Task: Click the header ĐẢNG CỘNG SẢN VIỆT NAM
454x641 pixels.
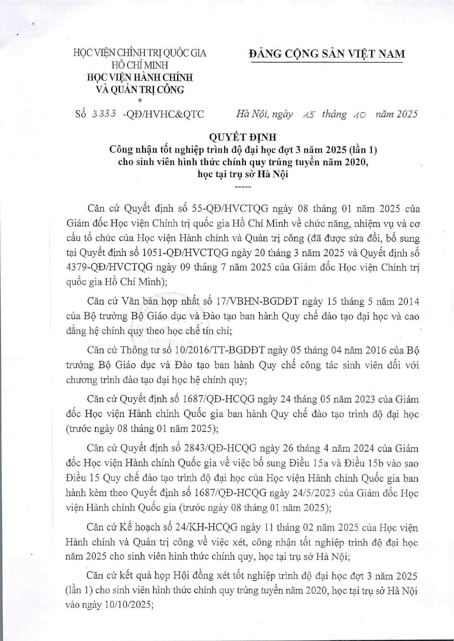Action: [327, 54]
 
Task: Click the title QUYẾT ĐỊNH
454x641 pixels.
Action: [243, 137]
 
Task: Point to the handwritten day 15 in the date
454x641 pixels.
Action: [308, 115]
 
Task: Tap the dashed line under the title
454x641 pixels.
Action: [243, 187]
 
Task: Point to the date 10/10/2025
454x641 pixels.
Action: [128, 605]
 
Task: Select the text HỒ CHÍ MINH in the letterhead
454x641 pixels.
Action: [140, 65]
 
